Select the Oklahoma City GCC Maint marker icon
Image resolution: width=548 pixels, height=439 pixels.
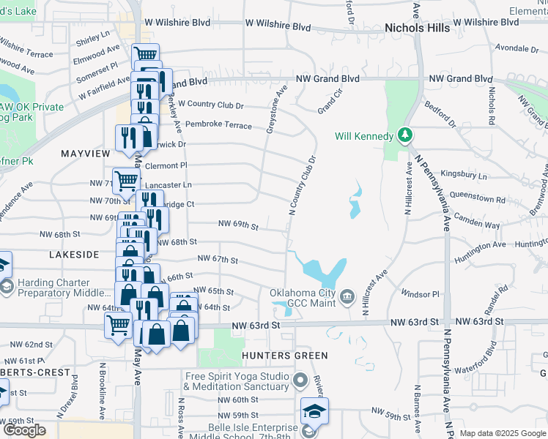(x=348, y=296)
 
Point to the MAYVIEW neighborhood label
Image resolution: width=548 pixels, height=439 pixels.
(x=85, y=154)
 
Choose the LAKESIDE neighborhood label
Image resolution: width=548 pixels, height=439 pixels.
(x=74, y=255)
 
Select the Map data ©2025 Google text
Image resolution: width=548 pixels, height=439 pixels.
(x=502, y=433)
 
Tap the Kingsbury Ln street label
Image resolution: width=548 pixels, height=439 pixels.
(x=462, y=176)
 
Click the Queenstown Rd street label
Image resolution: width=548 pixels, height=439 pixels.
(x=480, y=199)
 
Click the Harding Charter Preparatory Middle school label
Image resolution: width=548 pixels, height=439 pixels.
(x=64, y=288)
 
